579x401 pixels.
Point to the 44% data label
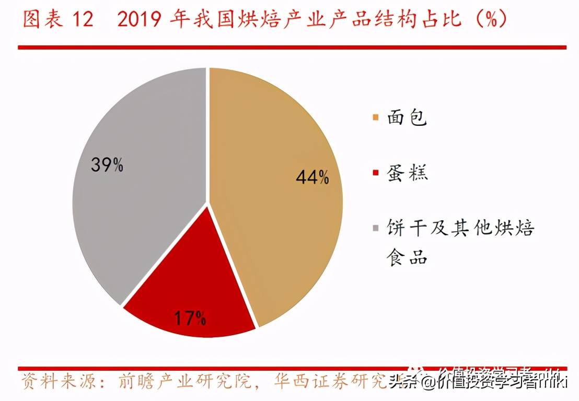click(x=312, y=178)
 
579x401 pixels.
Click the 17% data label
click(x=190, y=317)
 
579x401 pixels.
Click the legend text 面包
click(x=407, y=119)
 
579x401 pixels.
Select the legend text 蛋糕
click(x=407, y=173)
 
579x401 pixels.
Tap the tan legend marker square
click(x=375, y=118)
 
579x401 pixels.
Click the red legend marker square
click(x=375, y=173)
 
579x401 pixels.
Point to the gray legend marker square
click(x=375, y=228)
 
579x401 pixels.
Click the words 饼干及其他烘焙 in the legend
click(x=460, y=228)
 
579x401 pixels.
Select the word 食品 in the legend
click(x=407, y=256)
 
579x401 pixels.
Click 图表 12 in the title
click(x=58, y=20)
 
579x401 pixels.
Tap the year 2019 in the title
click(x=142, y=20)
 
